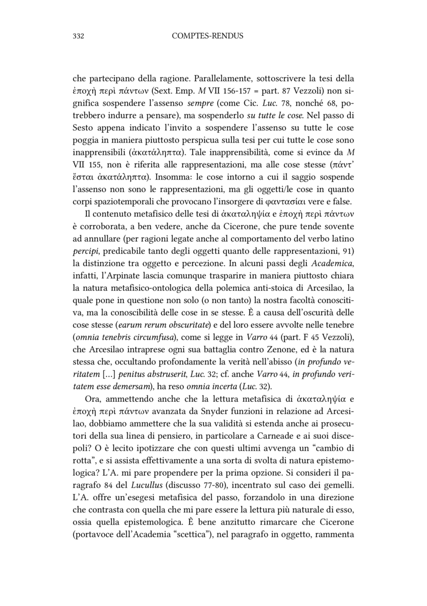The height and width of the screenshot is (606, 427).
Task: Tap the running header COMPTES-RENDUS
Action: tap(208, 36)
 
